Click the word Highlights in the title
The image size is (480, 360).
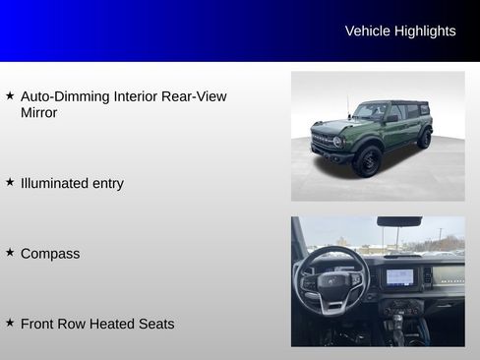pyautogui.click(x=425, y=30)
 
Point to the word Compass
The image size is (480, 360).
pyautogui.click(x=50, y=254)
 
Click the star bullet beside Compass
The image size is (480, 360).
pyautogui.click(x=10, y=252)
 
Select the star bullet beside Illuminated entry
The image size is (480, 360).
pyautogui.click(x=10, y=181)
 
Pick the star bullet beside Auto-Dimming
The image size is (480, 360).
pyautogui.click(x=10, y=95)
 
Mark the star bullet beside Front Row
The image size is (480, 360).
pyautogui.click(x=10, y=322)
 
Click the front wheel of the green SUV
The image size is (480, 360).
pyautogui.click(x=367, y=160)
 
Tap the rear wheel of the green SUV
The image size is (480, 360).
pyautogui.click(x=424, y=139)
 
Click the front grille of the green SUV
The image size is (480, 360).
pyautogui.click(x=324, y=141)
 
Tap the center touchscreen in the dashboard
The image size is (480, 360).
pyautogui.click(x=400, y=276)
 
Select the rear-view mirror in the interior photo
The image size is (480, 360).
pyautogui.click(x=398, y=222)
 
